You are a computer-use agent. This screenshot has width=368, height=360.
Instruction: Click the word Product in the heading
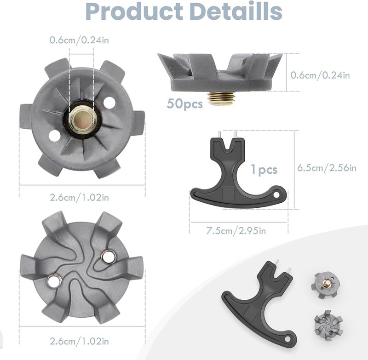point(134,11)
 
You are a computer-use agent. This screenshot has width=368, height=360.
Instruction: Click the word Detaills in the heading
point(236,11)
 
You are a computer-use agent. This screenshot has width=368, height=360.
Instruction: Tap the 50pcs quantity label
point(184,104)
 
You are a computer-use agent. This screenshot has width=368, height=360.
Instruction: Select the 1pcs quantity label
point(264,170)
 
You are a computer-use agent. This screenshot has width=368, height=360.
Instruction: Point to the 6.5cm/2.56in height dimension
point(327,168)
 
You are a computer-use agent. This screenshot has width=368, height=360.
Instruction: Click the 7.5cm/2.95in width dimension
point(236,231)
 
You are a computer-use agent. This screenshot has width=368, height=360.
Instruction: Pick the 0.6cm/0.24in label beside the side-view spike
point(320,75)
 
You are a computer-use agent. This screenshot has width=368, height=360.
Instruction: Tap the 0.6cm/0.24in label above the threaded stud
point(79,40)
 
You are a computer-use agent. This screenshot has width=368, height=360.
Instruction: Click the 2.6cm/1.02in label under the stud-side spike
point(79,198)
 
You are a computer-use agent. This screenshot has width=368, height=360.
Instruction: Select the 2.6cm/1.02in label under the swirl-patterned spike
point(79,341)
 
